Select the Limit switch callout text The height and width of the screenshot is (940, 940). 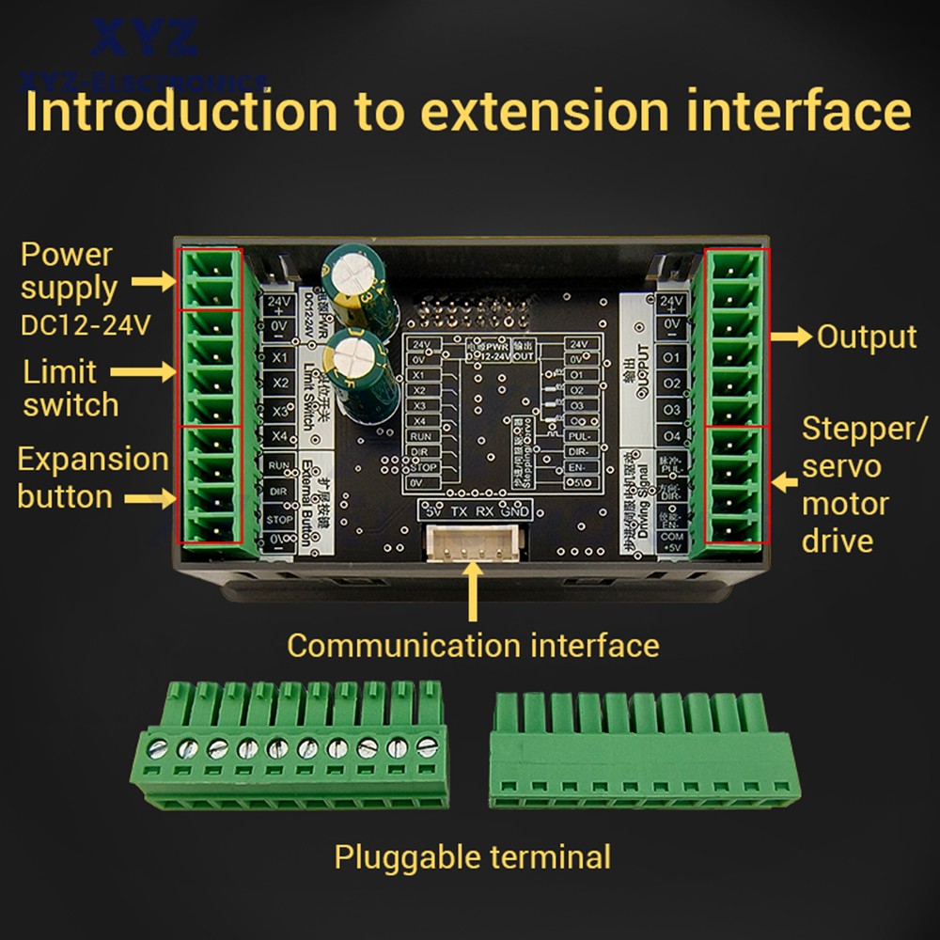(x=70, y=388)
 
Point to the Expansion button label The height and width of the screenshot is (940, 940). (x=92, y=478)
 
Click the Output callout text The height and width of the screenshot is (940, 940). (x=866, y=337)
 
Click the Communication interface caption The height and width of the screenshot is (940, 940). (x=473, y=646)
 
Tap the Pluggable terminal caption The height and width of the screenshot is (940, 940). (x=473, y=857)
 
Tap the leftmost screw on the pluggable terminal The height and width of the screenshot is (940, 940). (x=159, y=748)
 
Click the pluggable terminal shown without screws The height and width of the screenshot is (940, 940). (x=645, y=752)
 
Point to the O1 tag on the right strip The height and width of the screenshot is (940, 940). (x=671, y=358)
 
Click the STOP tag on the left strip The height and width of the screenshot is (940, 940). (x=278, y=517)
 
